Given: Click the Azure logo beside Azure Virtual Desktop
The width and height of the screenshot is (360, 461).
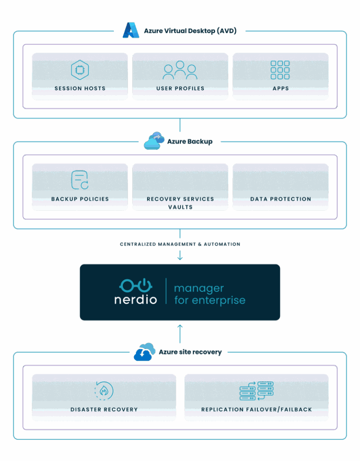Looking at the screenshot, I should (x=131, y=30).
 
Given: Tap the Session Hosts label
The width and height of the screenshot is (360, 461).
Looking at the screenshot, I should (x=80, y=88).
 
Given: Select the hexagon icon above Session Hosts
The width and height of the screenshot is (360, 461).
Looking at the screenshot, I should (x=80, y=70).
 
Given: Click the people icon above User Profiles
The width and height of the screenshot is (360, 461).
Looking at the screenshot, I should (x=180, y=70).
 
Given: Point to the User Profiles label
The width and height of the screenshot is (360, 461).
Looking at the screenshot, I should (x=180, y=88).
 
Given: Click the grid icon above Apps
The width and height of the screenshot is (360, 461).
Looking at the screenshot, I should (x=280, y=70).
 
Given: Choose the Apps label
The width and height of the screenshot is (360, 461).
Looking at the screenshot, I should (x=280, y=88).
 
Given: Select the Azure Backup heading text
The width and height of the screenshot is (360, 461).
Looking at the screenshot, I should (x=190, y=141).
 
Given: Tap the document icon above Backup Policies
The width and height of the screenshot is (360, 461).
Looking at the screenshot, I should (x=80, y=180).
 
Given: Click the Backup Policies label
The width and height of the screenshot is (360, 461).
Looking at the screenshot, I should (x=80, y=199).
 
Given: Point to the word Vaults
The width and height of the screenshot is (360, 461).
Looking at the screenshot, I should (x=180, y=207).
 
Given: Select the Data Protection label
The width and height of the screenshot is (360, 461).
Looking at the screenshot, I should (x=280, y=199).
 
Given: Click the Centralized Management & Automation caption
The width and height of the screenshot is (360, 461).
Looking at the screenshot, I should (x=180, y=244).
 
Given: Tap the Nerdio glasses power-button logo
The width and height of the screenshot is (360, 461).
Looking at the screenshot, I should (x=135, y=285).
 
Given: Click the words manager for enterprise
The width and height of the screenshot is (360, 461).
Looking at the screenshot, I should (x=209, y=294).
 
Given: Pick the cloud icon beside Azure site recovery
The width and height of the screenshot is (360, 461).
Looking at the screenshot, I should (x=144, y=351).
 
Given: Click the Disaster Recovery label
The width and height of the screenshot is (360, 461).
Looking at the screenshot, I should (x=104, y=409).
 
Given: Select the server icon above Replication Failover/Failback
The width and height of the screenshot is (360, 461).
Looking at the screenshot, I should (x=256, y=391).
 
